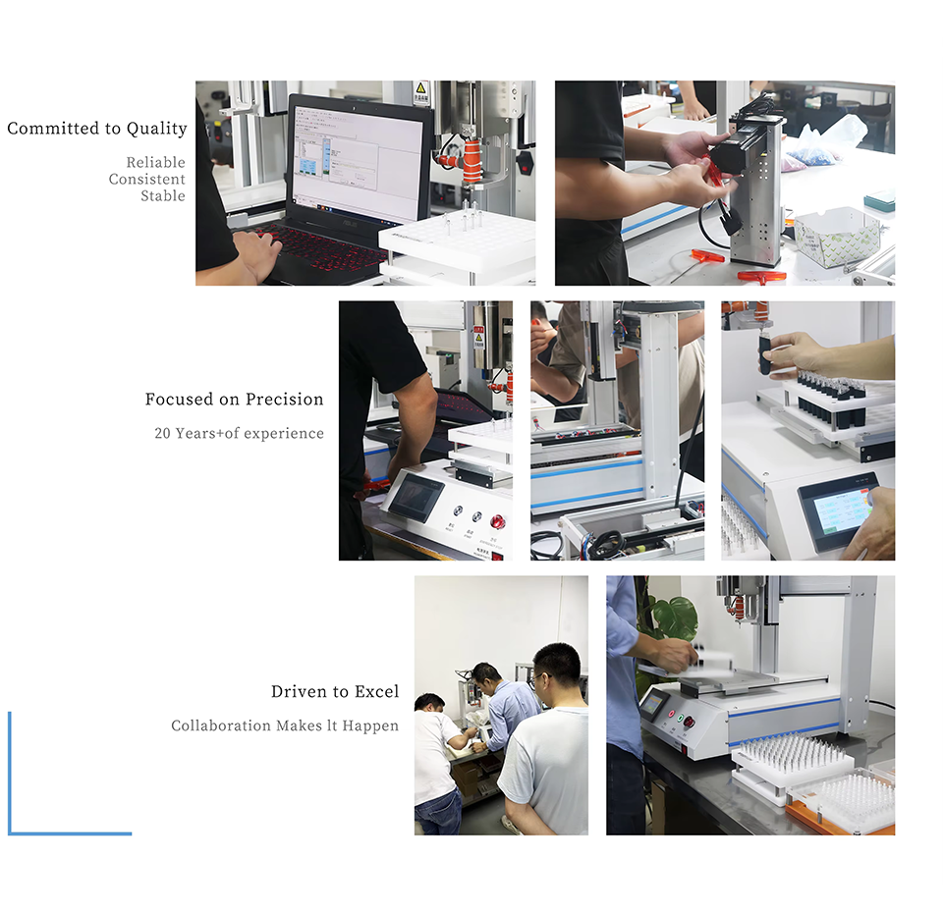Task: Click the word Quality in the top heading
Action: [x=156, y=129]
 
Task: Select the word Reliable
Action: [x=156, y=162]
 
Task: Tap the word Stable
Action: [x=163, y=196]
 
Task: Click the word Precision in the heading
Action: [x=285, y=400]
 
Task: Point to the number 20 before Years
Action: [x=162, y=433]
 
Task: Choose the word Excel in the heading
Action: [x=376, y=691]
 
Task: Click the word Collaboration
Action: [x=221, y=725]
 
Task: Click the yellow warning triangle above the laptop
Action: [x=421, y=87]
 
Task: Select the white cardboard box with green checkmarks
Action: [x=837, y=235]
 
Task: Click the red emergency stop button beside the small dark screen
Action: [x=497, y=520]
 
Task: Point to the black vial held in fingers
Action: [x=764, y=354]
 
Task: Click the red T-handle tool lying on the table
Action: [x=762, y=276]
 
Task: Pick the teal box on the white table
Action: [x=879, y=199]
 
